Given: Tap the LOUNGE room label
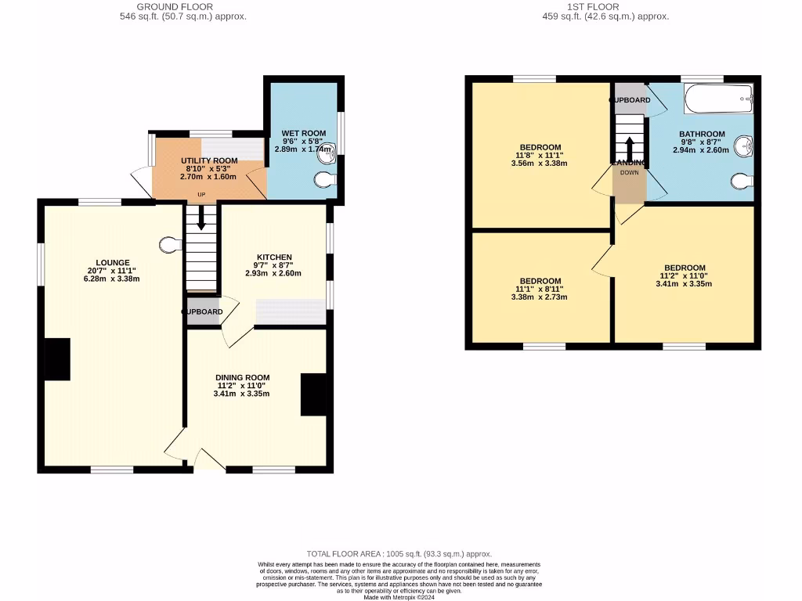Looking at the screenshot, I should coord(112,262).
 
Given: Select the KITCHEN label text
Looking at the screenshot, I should coord(274,257).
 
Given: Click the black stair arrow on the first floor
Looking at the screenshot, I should coord(629,147).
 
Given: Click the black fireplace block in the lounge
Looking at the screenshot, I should coord(57,359).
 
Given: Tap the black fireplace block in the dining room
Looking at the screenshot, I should coord(314,394).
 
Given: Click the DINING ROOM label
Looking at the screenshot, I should coord(242,377).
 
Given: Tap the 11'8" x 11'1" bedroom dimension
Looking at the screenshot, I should coord(540,155).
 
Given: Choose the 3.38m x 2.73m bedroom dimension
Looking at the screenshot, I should coord(540,297).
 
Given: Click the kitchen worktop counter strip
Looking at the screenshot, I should coord(291,311).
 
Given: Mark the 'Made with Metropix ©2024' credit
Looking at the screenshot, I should coord(400,597).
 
